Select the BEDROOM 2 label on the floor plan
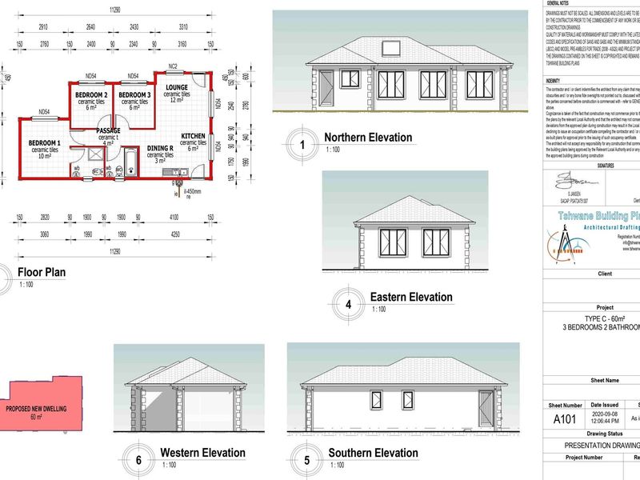click(91, 95)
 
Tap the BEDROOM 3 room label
click(134, 95)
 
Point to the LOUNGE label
click(176, 87)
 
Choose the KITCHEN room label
click(194, 137)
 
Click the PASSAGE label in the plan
click(108, 130)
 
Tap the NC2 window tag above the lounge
click(172, 66)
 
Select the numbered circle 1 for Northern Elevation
click(302, 145)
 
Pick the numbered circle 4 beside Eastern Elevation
click(348, 304)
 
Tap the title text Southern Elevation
click(373, 453)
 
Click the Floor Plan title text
click(42, 272)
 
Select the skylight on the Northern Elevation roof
click(394, 46)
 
